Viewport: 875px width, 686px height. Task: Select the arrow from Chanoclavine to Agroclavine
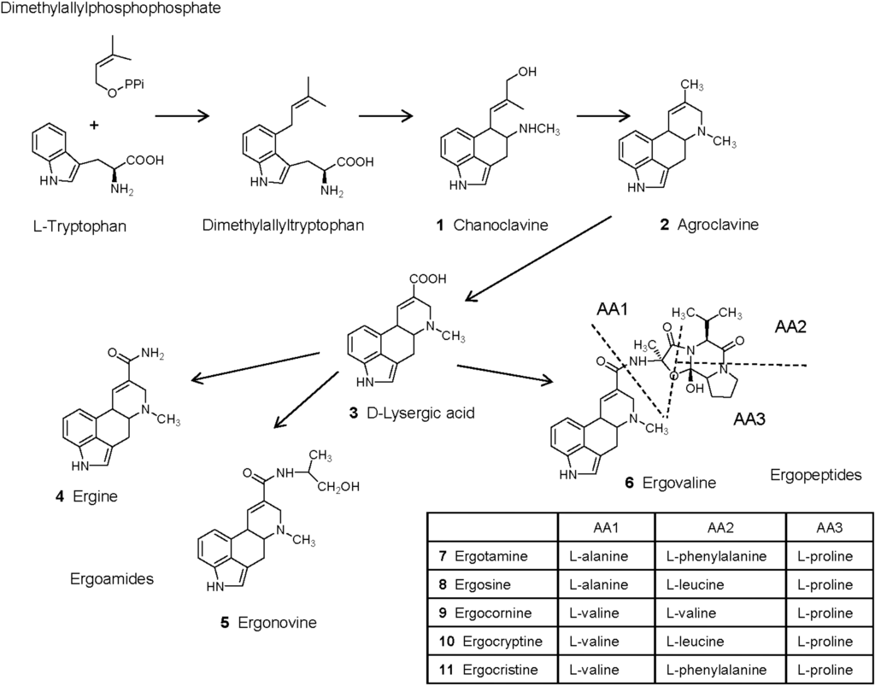point(603,114)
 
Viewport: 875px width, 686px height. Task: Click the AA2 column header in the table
point(719,528)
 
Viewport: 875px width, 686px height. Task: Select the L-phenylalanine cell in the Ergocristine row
point(719,669)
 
